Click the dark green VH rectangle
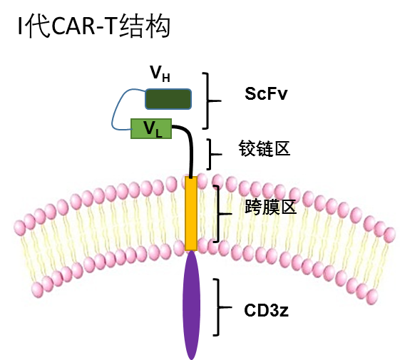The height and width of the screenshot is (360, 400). (x=168, y=99)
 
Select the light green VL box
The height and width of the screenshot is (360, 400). (x=151, y=128)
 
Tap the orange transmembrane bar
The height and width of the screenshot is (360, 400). (x=191, y=213)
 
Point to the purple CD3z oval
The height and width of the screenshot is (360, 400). (x=191, y=305)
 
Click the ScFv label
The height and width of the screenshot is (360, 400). (x=266, y=93)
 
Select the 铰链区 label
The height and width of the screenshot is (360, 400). (x=265, y=148)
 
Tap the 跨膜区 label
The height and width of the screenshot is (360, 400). (x=270, y=207)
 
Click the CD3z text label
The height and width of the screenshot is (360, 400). (x=267, y=310)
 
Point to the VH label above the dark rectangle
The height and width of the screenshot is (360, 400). (x=160, y=73)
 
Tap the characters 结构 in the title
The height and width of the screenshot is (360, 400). (x=145, y=26)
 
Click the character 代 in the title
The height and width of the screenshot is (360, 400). (x=38, y=26)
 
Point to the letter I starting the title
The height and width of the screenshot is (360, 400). (x=21, y=26)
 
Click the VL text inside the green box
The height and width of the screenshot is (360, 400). (x=153, y=129)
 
